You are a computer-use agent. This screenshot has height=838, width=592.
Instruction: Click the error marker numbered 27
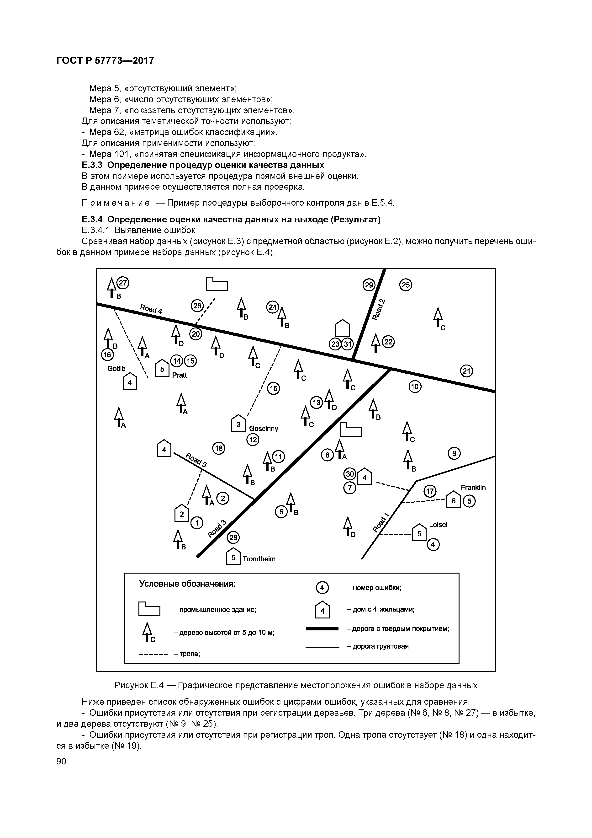pyautogui.click(x=123, y=283)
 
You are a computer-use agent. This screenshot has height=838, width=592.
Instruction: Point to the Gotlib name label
pyautogui.click(x=116, y=369)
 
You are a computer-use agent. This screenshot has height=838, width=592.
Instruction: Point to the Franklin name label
pyautogui.click(x=473, y=488)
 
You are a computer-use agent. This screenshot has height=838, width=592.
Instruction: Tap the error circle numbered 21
pyautogui.click(x=466, y=371)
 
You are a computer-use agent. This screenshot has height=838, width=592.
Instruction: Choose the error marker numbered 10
pyautogui.click(x=415, y=387)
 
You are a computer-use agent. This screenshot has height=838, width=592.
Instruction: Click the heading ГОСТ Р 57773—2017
pyautogui.click(x=106, y=60)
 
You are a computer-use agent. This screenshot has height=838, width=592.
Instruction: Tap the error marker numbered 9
pyautogui.click(x=454, y=454)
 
